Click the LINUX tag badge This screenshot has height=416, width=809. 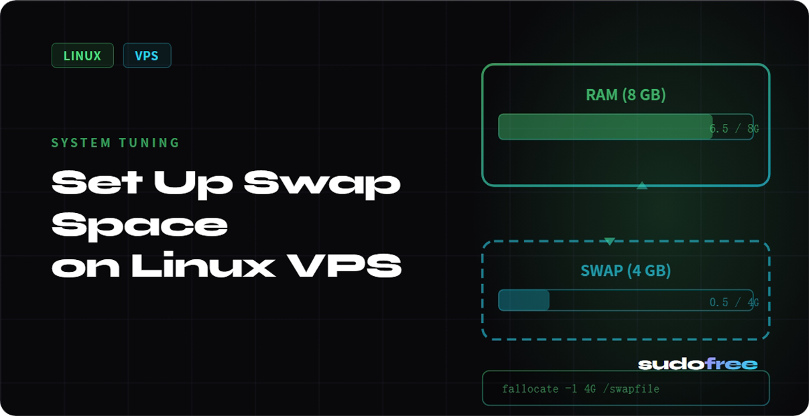[x=82, y=56]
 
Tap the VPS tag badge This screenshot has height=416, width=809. [x=147, y=56]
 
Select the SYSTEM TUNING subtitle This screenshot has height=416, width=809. [x=115, y=143]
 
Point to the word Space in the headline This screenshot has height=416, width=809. [x=139, y=224]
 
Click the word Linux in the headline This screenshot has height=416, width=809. [x=202, y=267]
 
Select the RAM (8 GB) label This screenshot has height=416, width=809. [x=625, y=94]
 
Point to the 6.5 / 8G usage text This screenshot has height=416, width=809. [x=733, y=129]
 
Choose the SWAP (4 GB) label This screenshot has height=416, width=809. [x=625, y=271]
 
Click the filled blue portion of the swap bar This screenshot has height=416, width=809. [x=524, y=300]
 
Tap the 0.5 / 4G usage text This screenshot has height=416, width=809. [x=733, y=303]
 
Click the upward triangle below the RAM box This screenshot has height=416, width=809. [x=641, y=186]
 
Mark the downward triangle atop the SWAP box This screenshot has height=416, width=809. [x=609, y=241]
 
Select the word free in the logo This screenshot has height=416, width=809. [x=731, y=364]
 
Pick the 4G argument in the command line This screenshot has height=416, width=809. [x=590, y=389]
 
